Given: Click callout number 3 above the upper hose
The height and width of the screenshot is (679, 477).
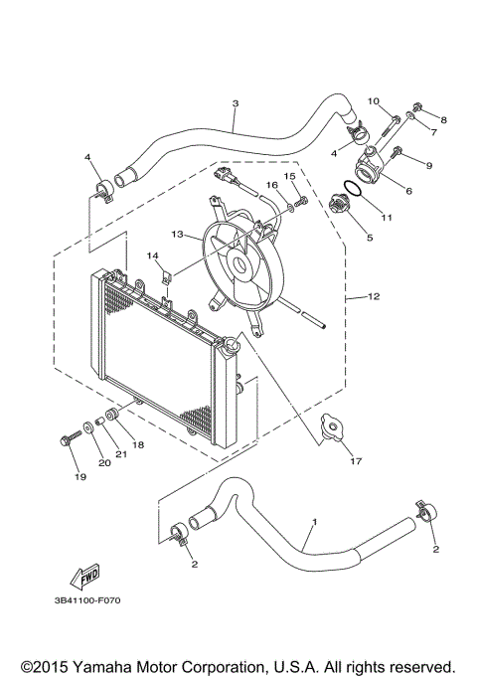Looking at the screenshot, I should point(236,103).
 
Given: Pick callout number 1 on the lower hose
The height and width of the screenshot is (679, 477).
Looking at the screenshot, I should point(315,521).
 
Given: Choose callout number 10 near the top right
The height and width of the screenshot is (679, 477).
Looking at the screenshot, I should point(375,101).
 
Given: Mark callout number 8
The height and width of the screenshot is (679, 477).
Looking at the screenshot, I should point(443,120).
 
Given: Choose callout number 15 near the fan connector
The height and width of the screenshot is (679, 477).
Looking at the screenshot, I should point(290,176).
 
